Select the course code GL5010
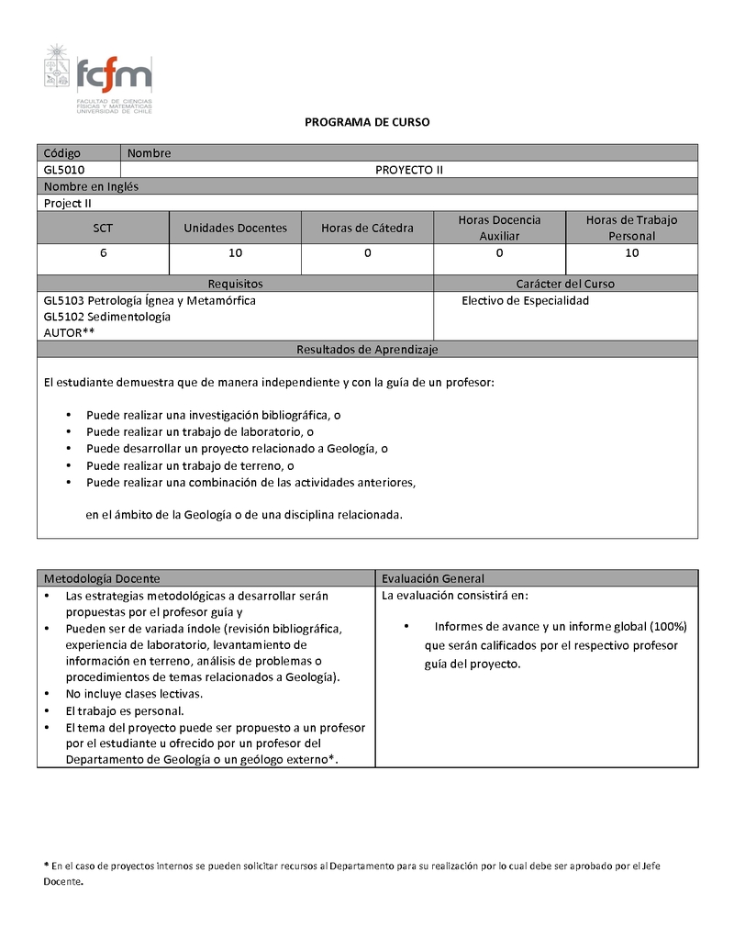pos(64,170)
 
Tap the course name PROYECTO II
pos(409,170)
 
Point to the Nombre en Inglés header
pos(91,186)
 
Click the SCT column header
pos(103,228)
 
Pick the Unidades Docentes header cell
pos(235,228)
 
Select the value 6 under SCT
pos(103,252)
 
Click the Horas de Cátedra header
pos(367,228)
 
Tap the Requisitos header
pos(235,284)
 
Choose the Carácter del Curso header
pos(565,284)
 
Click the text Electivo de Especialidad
pos(525,300)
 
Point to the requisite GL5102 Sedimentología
pos(107,317)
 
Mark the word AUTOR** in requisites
pos(70,332)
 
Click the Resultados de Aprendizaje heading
pos(367,350)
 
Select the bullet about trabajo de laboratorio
pos(200,431)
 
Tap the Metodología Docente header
pos(102,578)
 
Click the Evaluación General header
pos(433,578)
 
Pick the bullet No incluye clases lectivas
pos(134,694)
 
